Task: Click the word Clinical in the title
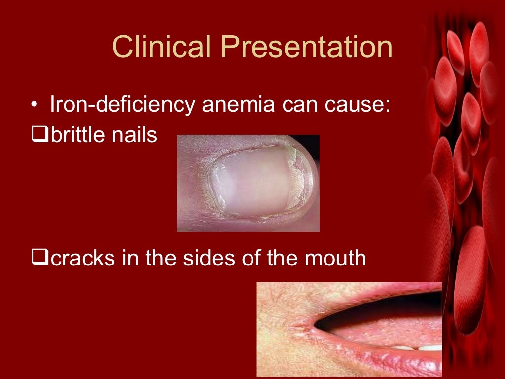162,48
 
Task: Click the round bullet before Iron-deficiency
34,106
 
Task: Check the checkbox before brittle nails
40,134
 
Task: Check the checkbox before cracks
40,257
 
